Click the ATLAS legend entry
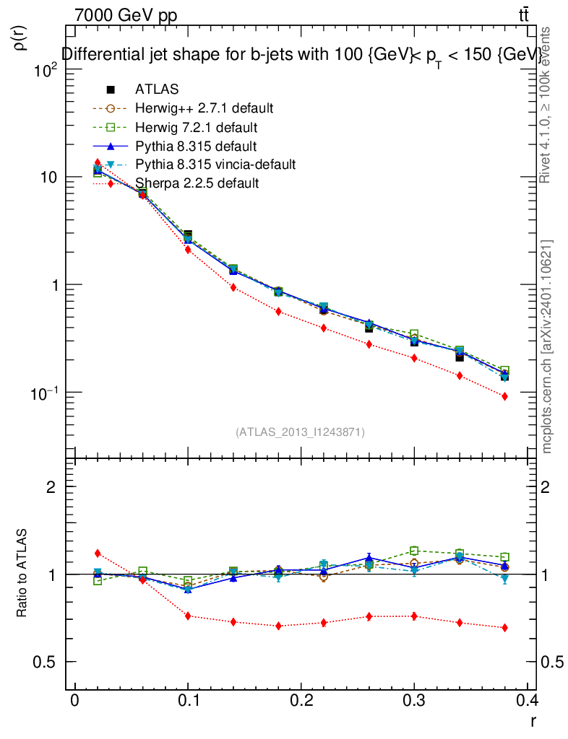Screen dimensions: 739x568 [156, 89]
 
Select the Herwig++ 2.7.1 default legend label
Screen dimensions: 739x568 [204, 108]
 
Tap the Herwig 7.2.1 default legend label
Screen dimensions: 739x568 [196, 127]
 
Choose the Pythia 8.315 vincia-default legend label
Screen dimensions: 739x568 [215, 165]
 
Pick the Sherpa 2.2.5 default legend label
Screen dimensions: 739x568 [197, 183]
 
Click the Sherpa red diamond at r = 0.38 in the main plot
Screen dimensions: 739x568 [504, 396]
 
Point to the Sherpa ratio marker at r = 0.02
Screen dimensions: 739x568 [98, 554]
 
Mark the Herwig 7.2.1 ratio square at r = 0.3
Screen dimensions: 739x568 [414, 551]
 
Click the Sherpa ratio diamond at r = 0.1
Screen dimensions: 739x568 [188, 616]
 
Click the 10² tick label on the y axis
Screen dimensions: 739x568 [44, 71]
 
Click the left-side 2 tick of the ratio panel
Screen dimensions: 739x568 [51, 486]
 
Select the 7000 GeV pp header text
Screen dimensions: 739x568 [124, 14]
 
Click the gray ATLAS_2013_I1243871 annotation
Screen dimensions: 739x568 [300, 432]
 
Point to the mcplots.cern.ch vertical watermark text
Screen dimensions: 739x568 [547, 346]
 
